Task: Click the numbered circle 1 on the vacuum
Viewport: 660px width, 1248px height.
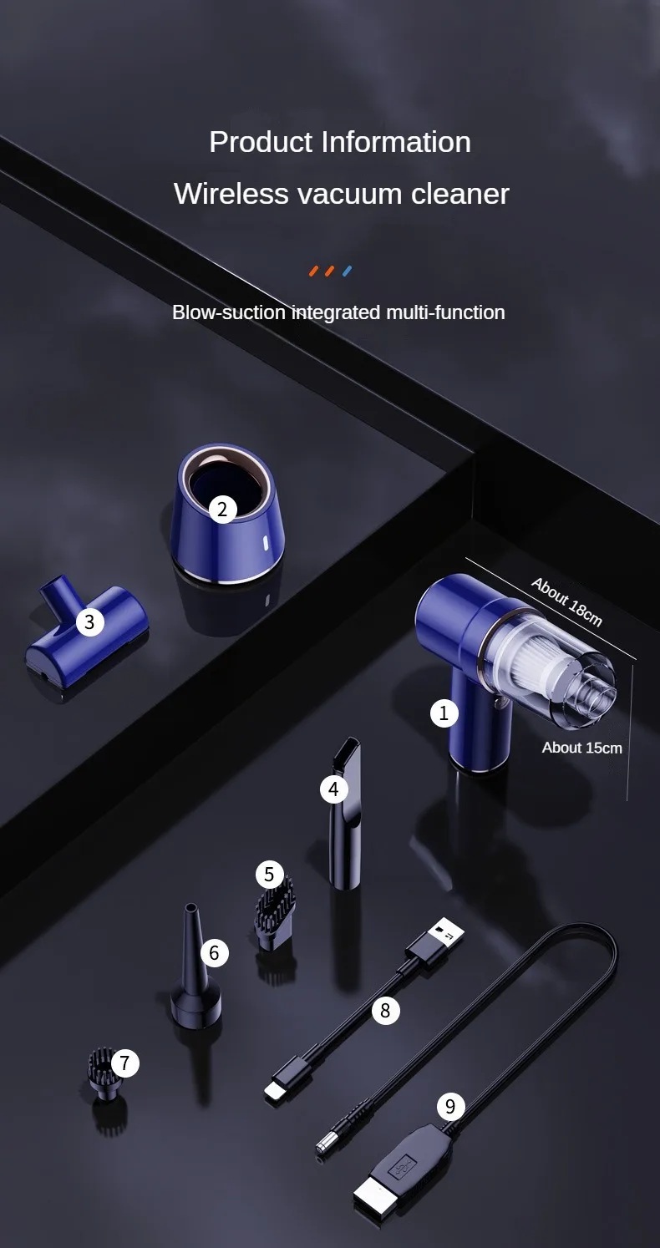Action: (x=444, y=713)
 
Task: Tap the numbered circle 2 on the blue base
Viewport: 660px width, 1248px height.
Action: (x=222, y=510)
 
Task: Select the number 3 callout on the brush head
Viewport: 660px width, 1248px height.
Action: (x=89, y=621)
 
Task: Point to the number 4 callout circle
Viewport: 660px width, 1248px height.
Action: (x=334, y=789)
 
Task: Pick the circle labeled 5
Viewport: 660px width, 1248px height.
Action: (x=269, y=874)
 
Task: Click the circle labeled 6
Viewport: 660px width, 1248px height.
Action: (x=215, y=953)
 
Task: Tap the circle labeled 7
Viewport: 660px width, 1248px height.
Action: (x=124, y=1063)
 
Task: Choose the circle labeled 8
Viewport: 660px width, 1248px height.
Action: (x=385, y=1010)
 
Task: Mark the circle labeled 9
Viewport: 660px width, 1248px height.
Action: (x=450, y=1106)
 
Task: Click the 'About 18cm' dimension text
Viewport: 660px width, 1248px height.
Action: (x=566, y=602)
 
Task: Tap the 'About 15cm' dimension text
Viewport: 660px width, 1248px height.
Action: (x=582, y=748)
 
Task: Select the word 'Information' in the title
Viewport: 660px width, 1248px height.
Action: (x=396, y=141)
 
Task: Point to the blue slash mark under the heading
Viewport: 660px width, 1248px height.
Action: (x=347, y=271)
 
